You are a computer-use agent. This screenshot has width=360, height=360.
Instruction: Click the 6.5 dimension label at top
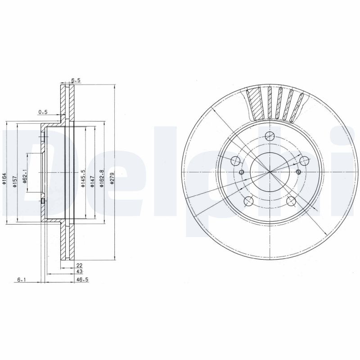coord(76,81)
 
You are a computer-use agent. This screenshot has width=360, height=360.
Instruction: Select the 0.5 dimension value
coord(43,112)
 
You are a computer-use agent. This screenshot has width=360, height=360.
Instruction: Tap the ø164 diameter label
coord(4,179)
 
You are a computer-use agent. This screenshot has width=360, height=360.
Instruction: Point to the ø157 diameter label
coord(14,181)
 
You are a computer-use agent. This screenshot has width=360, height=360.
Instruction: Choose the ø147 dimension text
coord(93,181)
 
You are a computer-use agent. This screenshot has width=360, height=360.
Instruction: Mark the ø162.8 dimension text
coord(102,178)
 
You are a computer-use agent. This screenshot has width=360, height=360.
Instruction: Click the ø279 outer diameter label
coord(112,179)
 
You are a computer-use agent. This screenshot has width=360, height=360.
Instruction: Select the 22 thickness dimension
coord(79,265)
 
